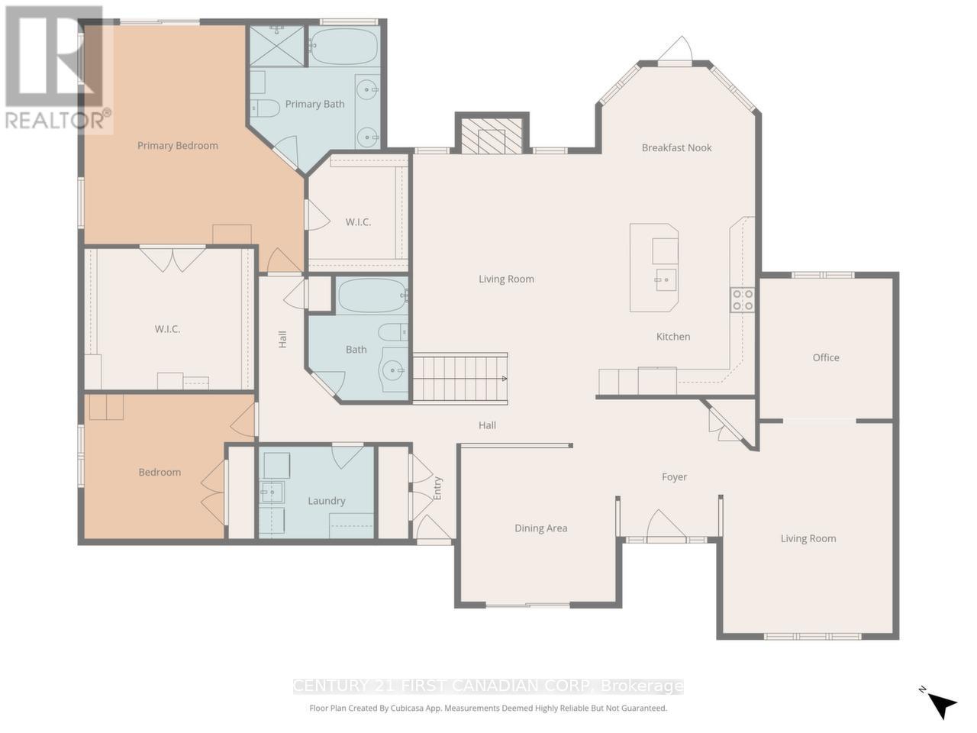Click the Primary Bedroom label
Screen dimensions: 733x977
(x=177, y=146)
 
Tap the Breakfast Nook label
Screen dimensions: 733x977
(x=676, y=148)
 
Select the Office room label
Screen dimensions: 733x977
(x=826, y=357)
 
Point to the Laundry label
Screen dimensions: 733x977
(x=327, y=501)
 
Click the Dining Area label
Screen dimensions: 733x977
(x=540, y=528)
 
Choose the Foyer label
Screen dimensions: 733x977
(x=674, y=477)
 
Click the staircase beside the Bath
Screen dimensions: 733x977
(x=459, y=378)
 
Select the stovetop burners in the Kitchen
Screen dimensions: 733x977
(x=743, y=299)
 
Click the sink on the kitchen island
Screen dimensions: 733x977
(x=665, y=279)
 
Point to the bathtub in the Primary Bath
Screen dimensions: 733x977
(x=344, y=46)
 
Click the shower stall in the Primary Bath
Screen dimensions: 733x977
(x=277, y=45)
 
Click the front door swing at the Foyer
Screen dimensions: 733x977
(x=665, y=526)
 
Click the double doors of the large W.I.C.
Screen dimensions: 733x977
(x=173, y=259)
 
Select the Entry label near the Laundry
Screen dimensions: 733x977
(x=437, y=489)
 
